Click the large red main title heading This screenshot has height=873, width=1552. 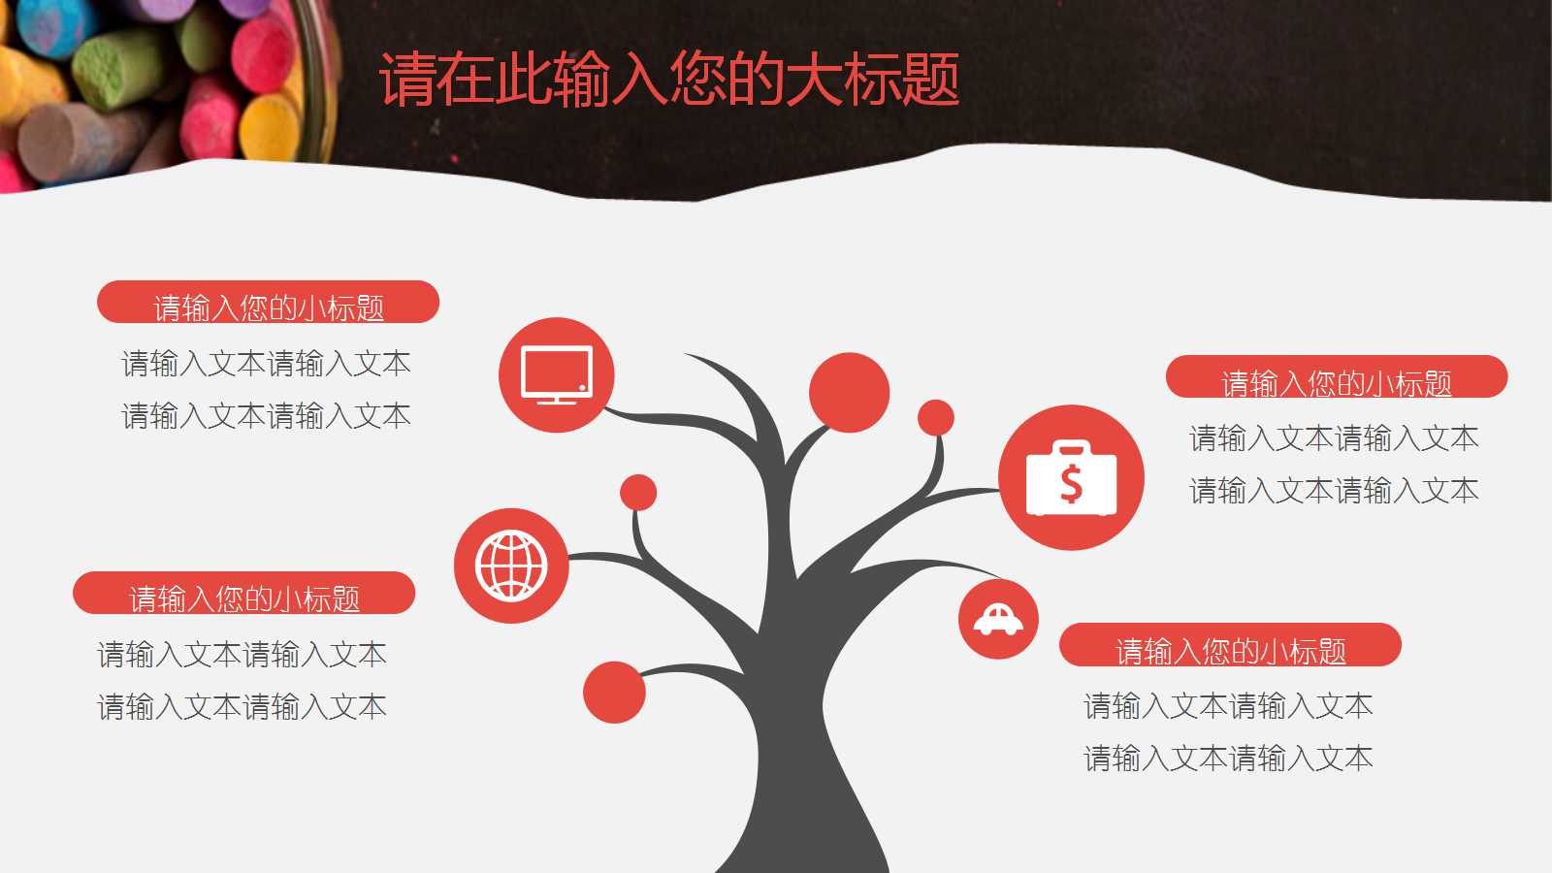coord(669,79)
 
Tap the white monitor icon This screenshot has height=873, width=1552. coord(557,373)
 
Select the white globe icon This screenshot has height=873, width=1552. coord(511,566)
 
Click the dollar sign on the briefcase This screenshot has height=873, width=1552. coord(1071,483)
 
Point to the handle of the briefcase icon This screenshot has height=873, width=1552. coord(1071,447)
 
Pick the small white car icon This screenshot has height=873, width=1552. coord(998,619)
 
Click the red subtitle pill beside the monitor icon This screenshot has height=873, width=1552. coord(268,303)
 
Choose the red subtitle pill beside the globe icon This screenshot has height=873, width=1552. coord(243,594)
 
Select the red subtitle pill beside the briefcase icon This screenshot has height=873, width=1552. coord(1336,377)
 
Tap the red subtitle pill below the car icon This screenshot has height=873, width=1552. coord(1230,645)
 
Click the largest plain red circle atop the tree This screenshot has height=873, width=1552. coord(849,393)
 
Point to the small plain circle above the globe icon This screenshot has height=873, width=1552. coord(638,493)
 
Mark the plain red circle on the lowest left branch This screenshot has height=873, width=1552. coord(614,692)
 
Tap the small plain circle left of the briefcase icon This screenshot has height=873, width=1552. coord(936,418)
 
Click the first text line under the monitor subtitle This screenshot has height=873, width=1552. coord(266,364)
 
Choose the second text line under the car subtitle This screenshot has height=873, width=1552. coord(1228,758)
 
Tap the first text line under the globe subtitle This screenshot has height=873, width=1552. coord(242,655)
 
